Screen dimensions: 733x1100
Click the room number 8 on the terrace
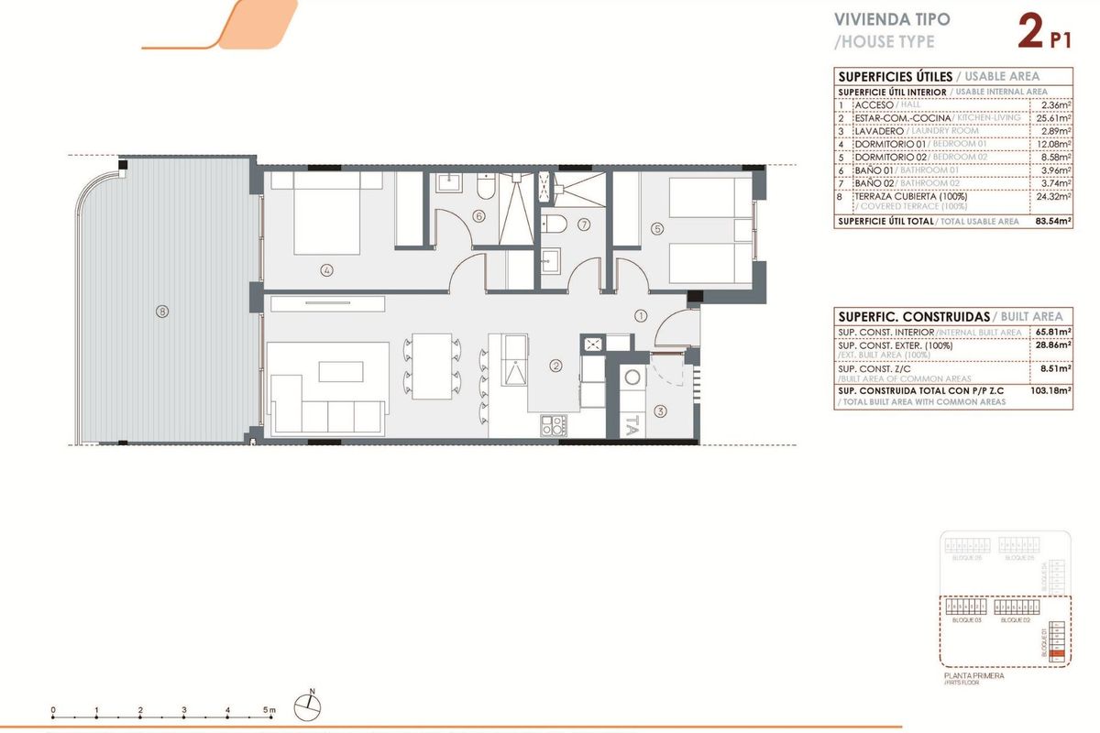pyautogui.click(x=162, y=312)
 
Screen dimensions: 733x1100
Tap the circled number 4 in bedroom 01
pyautogui.click(x=325, y=269)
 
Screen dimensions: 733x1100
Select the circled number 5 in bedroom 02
pyautogui.click(x=656, y=228)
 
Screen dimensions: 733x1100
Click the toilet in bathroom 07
pyautogui.click(x=554, y=224)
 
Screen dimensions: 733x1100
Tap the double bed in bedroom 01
pyautogui.click(x=325, y=213)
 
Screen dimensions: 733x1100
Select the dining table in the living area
pyautogui.click(x=431, y=365)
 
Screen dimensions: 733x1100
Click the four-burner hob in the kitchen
pyautogui.click(x=554, y=424)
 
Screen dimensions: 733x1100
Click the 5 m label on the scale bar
pyautogui.click(x=269, y=709)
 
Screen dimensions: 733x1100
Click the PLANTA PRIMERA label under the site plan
pyautogui.click(x=973, y=676)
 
